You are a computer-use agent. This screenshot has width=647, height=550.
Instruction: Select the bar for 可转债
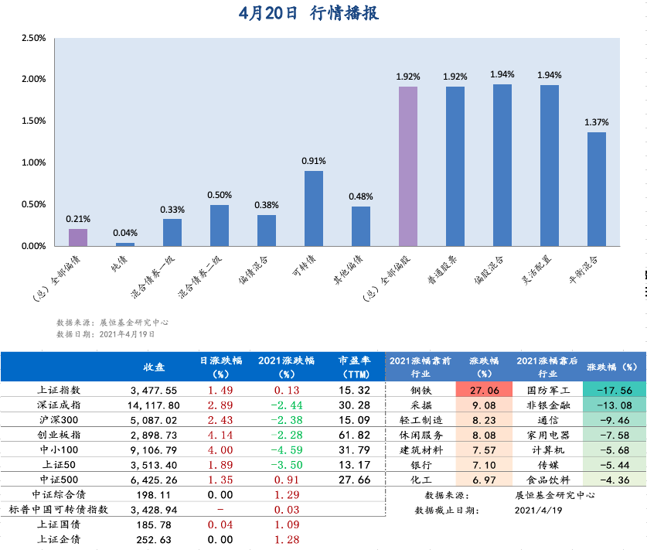coord(313,208)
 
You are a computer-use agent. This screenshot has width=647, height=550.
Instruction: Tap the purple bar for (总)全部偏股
coord(407,166)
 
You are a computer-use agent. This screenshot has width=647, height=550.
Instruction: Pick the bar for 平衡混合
coord(596,189)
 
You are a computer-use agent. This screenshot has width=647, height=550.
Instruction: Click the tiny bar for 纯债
coord(124,244)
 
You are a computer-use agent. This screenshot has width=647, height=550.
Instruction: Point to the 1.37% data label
coord(596,122)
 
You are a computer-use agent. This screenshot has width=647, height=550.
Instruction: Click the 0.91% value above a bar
coord(313,161)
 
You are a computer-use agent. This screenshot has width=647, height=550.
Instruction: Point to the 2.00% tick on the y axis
coord(34,79)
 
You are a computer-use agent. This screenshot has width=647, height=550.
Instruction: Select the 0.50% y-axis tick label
coord(34,204)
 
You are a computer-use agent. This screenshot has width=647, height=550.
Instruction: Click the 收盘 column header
coord(154,366)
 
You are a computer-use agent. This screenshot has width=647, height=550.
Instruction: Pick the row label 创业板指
coord(63,436)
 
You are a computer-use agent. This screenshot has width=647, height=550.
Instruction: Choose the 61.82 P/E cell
coord(355,436)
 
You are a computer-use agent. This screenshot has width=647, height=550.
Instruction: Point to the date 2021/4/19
coord(536,510)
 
